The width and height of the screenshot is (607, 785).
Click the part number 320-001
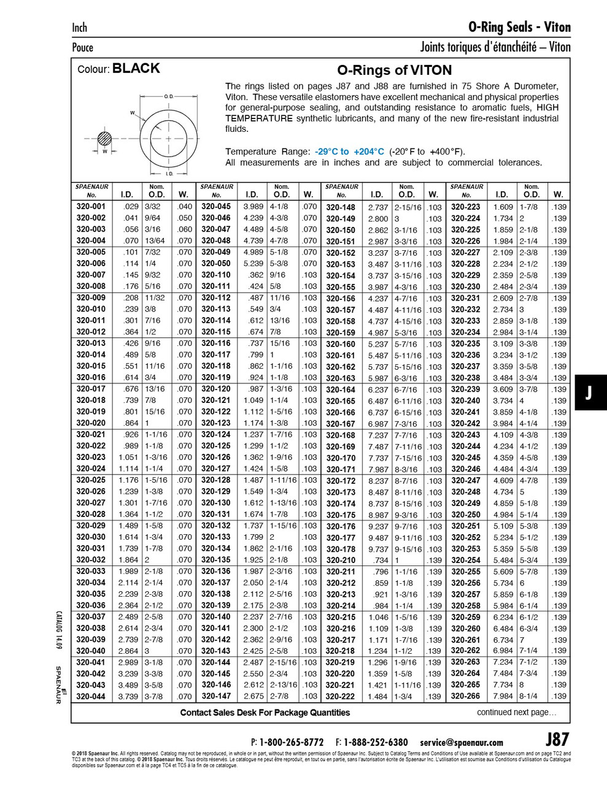coord(91,207)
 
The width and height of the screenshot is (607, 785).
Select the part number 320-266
coord(465,696)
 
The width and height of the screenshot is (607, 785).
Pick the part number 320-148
coord(341,207)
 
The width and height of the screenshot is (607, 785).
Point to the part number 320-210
coord(341,560)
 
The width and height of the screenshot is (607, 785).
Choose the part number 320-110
coord(216,275)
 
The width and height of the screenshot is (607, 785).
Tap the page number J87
coord(557,738)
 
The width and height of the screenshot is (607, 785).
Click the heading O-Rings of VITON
coord(395,70)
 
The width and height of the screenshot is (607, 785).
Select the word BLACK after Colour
coord(136,69)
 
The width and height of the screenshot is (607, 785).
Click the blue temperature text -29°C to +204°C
coord(349,151)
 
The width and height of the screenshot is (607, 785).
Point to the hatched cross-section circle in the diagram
coord(105,139)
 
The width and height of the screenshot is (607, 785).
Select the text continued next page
coord(516,712)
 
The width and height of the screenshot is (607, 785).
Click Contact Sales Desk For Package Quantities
coord(265,712)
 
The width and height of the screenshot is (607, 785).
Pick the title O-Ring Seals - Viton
coord(519,27)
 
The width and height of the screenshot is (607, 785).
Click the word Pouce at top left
coord(83,47)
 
